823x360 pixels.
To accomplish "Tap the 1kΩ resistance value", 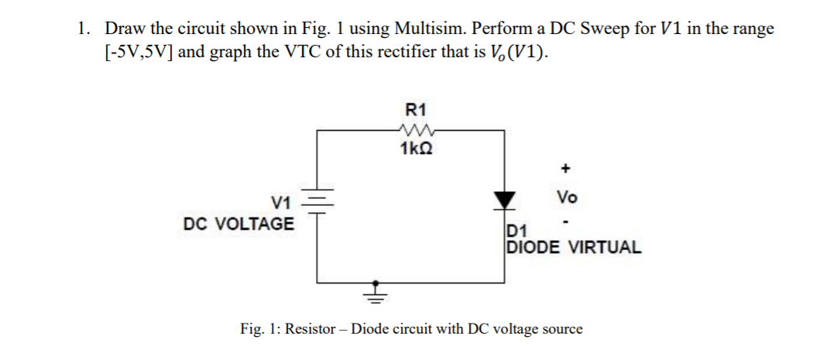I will coord(418,149).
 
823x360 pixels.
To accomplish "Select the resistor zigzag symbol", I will coord(418,130).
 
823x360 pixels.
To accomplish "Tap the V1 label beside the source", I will coord(280,204).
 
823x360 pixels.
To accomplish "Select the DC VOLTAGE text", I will coord(238,225).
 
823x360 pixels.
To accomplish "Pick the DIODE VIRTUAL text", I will coord(573,248).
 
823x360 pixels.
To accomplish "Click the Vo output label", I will coord(566,197).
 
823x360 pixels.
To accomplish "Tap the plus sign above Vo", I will coord(566,167).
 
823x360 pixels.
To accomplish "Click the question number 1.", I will coord(82,29).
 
